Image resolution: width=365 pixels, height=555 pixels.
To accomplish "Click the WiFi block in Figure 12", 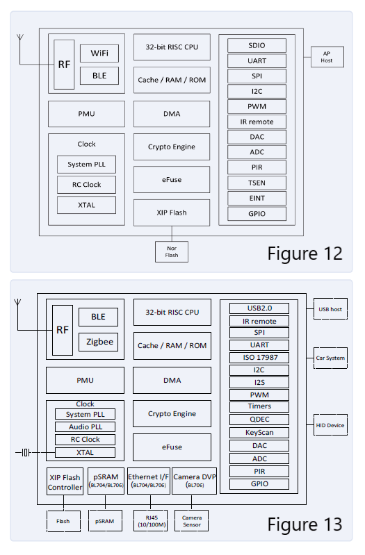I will tap(99, 53).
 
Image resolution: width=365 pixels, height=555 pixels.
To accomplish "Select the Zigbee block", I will tap(98, 342).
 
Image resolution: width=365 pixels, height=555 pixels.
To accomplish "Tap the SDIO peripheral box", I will tap(257, 45).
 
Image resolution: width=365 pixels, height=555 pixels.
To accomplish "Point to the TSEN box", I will tap(257, 183).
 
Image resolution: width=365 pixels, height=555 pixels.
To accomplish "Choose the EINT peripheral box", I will tap(257, 198).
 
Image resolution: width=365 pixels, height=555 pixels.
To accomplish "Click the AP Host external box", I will tap(327, 57).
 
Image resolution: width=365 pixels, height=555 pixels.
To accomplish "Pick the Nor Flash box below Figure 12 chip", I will tap(171, 251).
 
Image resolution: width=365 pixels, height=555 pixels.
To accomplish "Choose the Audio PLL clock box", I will tap(88, 426).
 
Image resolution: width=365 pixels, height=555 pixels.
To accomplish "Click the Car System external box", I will tap(330, 358).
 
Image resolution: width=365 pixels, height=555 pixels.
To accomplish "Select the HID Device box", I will tap(330, 425).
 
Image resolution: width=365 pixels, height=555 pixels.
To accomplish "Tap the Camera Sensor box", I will tap(191, 521).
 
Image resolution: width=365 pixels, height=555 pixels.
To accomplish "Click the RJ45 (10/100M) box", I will tap(151, 521).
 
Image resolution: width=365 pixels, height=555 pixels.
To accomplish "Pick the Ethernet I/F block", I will tap(149, 481).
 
